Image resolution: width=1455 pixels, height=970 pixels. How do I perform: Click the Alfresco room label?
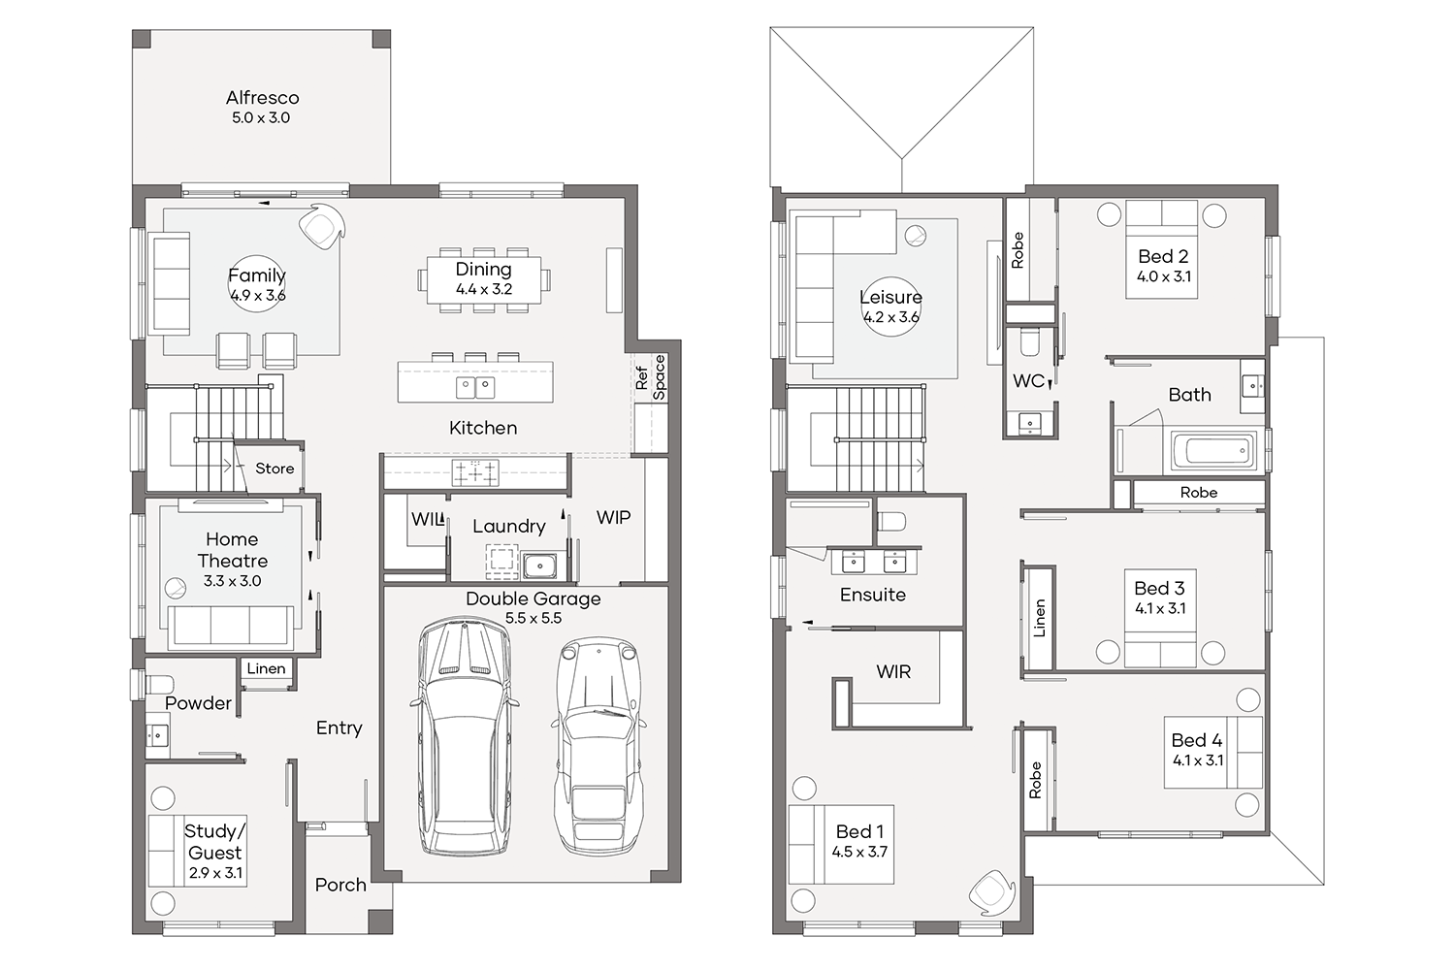tap(263, 98)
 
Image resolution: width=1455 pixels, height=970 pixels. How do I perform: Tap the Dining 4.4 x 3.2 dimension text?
tap(484, 289)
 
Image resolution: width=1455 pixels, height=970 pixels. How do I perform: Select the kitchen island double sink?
tap(475, 388)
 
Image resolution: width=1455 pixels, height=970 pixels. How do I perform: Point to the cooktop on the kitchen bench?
tap(476, 472)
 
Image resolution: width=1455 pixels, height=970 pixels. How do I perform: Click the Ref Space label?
tap(650, 377)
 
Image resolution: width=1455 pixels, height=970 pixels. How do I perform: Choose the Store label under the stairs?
tap(275, 469)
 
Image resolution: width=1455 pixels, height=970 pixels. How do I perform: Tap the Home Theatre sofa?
tap(232, 627)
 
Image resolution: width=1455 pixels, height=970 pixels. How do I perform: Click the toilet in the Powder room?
tap(160, 685)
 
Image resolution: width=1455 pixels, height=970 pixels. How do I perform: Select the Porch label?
tap(340, 885)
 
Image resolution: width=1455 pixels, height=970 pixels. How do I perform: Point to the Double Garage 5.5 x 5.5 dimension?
tap(533, 618)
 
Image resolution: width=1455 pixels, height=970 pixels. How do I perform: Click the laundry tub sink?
tap(539, 566)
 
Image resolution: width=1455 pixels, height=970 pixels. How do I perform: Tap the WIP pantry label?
tap(613, 517)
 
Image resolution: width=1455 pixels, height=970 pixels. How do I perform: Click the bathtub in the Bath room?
tap(1214, 449)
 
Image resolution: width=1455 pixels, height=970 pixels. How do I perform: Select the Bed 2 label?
tap(1163, 256)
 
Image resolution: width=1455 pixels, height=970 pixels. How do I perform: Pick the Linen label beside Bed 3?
tap(1039, 618)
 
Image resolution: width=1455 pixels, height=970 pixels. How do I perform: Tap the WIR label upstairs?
tap(893, 672)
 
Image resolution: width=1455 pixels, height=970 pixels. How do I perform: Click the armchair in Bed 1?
tap(991, 893)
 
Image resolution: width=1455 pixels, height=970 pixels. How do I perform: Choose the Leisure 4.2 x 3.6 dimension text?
tap(891, 317)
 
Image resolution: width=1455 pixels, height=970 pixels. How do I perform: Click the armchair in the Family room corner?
tap(322, 226)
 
